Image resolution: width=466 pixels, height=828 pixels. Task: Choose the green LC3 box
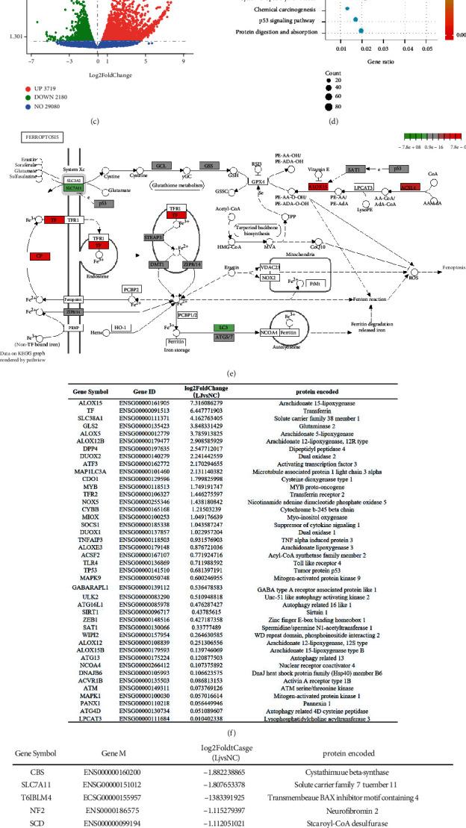tap(221, 328)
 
